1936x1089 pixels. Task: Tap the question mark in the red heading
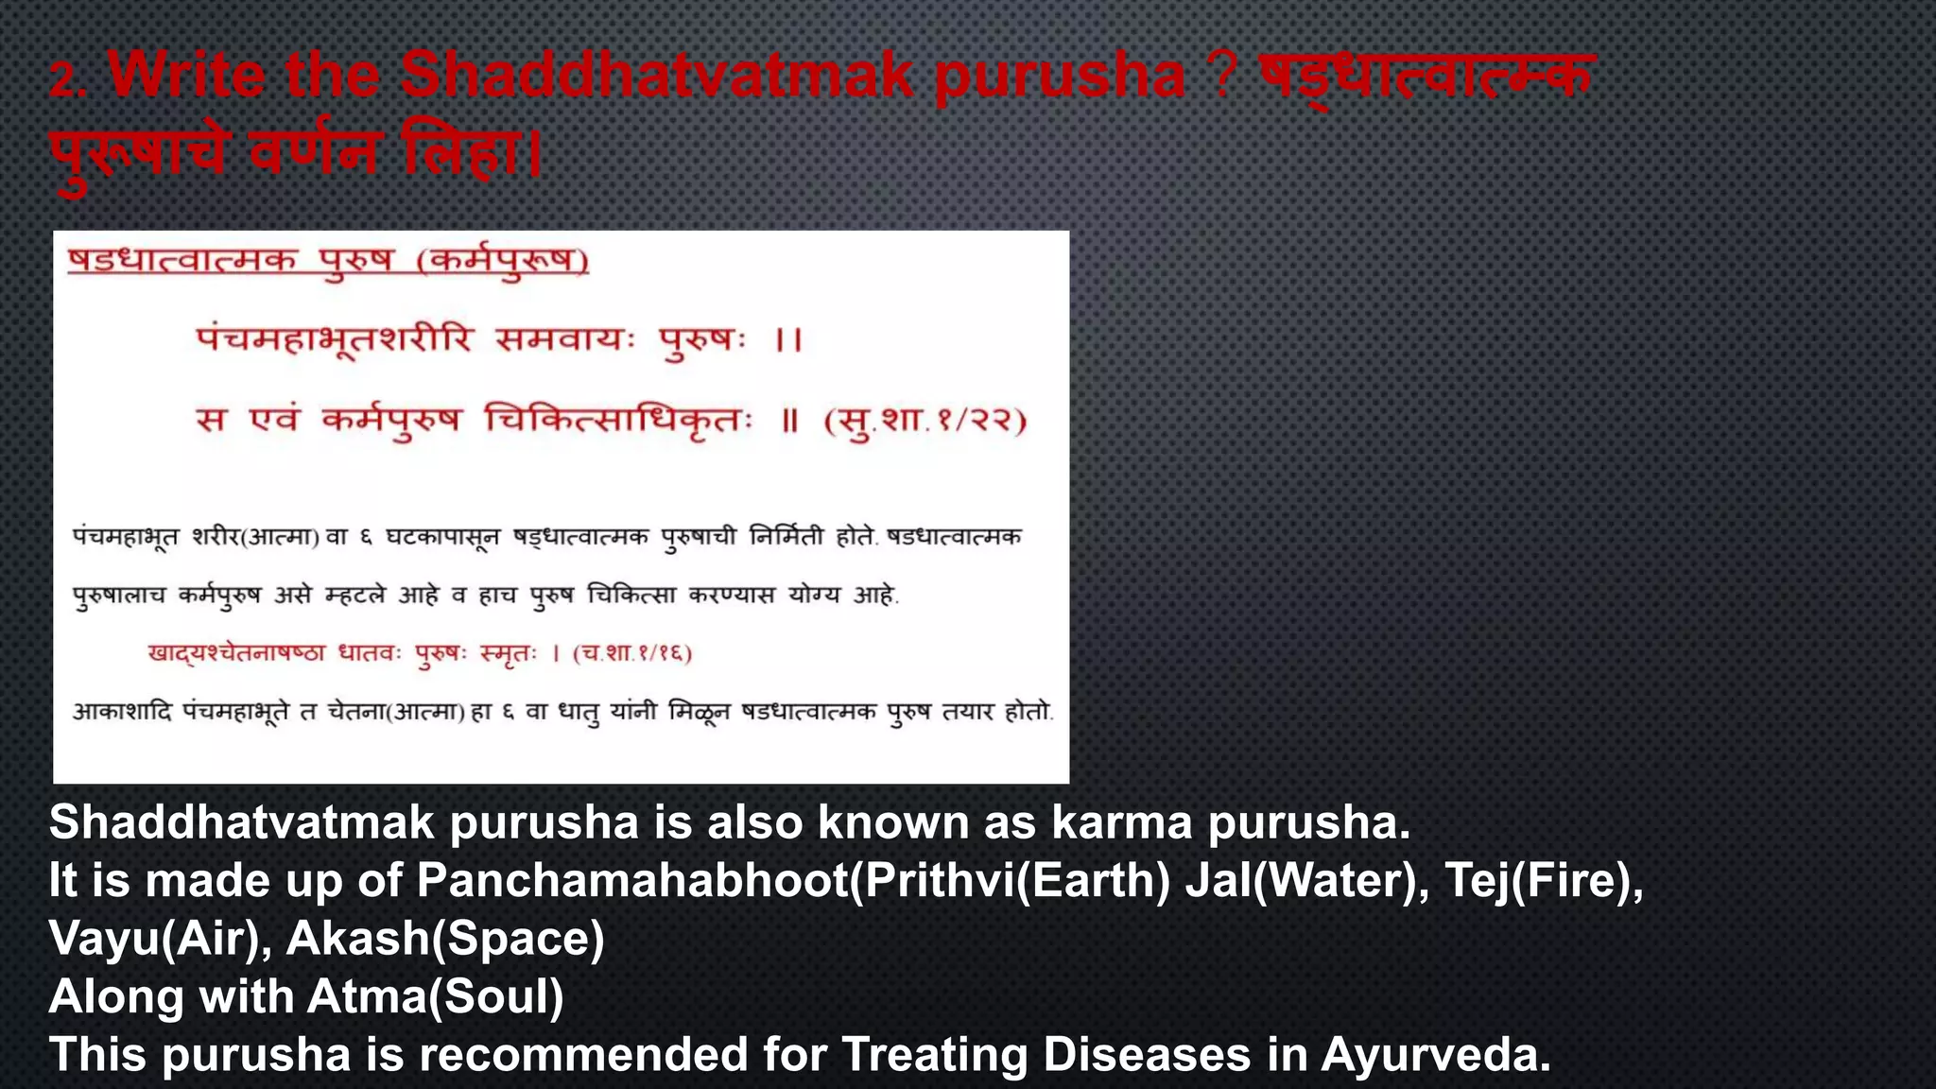[1221, 75]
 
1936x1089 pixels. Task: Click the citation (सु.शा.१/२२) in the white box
[925, 421]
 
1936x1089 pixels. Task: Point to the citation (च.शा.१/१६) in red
[632, 653]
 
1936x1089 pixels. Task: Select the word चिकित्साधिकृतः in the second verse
[618, 419]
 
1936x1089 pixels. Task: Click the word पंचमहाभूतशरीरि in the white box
[333, 338]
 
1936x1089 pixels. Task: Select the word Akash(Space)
[444, 940]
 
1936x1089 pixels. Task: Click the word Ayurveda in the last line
[1435, 1055]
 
